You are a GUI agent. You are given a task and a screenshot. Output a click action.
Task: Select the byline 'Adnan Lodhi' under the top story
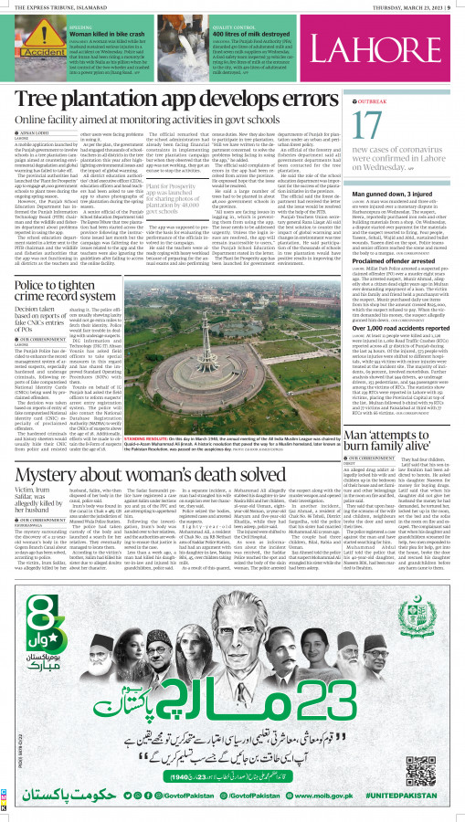(31, 132)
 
